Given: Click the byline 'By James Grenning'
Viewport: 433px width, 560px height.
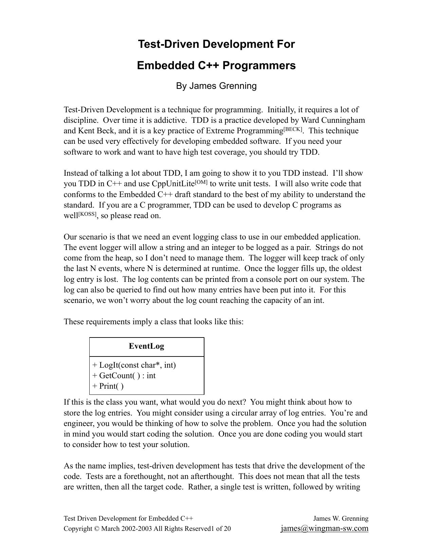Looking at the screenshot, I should click(216, 86).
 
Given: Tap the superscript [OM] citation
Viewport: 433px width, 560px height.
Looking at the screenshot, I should click(201, 182).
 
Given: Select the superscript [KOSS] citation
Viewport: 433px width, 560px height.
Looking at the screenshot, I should click(88, 214).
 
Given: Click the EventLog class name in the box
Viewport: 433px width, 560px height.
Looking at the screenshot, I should click(146, 346).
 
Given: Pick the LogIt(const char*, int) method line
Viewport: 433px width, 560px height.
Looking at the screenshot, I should click(134, 365).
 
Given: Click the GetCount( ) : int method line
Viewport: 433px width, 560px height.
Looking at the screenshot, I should click(124, 376).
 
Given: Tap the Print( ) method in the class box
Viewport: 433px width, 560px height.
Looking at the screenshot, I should click(108, 386).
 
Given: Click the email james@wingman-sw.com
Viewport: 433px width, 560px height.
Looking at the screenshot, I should click(324, 528).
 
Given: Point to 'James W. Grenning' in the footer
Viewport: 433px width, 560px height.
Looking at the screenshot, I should click(341, 518).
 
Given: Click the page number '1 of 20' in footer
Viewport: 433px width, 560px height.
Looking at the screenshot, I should click(221, 528).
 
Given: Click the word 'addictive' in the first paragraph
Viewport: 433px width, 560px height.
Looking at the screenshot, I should click(170, 120).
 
